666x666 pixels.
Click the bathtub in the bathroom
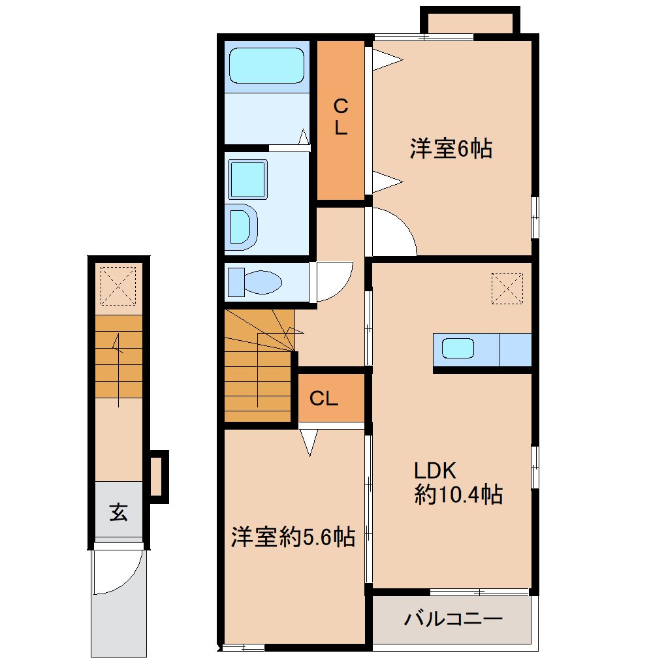[x=267, y=65]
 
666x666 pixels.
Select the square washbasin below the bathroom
[x=247, y=180]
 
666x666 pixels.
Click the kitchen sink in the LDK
[x=458, y=348]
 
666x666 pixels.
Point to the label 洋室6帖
[x=451, y=148]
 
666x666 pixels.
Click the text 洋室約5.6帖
[x=293, y=537]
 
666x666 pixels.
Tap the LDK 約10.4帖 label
[x=458, y=483]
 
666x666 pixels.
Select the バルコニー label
[x=452, y=619]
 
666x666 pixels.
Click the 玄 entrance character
[x=118, y=512]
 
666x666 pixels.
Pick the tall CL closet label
[x=341, y=116]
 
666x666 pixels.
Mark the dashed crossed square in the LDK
[x=507, y=289]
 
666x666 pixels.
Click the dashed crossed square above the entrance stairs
[x=118, y=286]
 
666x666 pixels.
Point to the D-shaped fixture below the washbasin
[x=244, y=227]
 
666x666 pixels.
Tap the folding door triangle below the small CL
[x=309, y=443]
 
